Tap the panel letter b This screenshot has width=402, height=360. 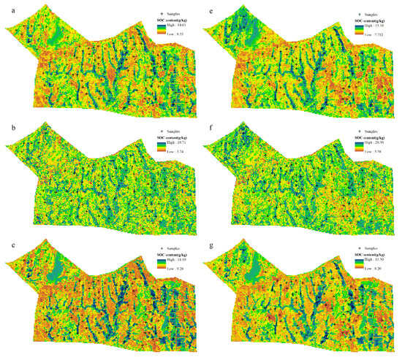click(x=7, y=126)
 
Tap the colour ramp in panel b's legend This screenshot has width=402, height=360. click(x=162, y=149)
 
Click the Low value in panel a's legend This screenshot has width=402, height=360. click(x=178, y=34)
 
